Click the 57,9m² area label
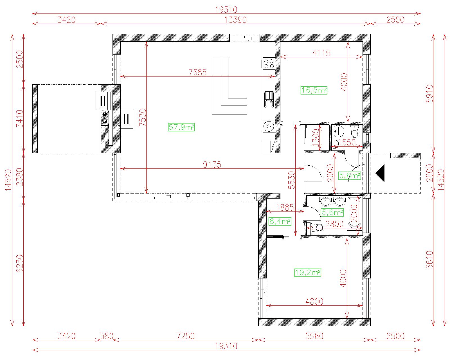tap(181, 127)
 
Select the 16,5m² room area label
tap(314, 90)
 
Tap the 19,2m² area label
tap(308, 273)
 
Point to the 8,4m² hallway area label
tap(280, 221)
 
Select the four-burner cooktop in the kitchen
tap(269, 64)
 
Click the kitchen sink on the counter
tap(269, 100)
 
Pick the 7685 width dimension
tap(197, 72)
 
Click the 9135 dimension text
tap(212, 165)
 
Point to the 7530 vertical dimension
tap(142, 117)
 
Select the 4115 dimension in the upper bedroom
tap(321, 53)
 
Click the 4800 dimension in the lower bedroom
tap(314, 301)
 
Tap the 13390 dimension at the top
tap(235, 20)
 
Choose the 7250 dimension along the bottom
tap(185, 336)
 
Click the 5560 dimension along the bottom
tap(314, 336)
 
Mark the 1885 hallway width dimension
tap(285, 208)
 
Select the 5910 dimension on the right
tap(429, 93)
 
